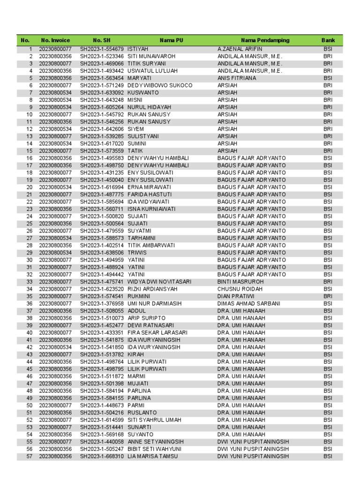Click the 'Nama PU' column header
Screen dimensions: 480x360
(171, 41)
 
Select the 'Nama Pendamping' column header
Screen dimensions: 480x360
(265, 41)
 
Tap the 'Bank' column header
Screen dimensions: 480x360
(328, 41)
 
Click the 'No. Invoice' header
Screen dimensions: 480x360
(55, 41)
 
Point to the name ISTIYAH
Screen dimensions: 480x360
(138, 49)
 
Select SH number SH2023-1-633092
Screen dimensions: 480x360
(102, 93)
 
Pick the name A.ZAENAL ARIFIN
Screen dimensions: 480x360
(240, 49)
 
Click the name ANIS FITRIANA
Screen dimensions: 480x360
(237, 78)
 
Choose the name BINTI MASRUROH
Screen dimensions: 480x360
(240, 282)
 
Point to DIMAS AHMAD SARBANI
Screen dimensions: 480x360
(249, 304)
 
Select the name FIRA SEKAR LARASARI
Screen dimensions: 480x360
(157, 333)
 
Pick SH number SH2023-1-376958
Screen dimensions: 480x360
(102, 304)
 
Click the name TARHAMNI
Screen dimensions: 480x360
(142, 238)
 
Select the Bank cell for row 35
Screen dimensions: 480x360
(328, 296)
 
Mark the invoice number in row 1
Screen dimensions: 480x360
(55, 49)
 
